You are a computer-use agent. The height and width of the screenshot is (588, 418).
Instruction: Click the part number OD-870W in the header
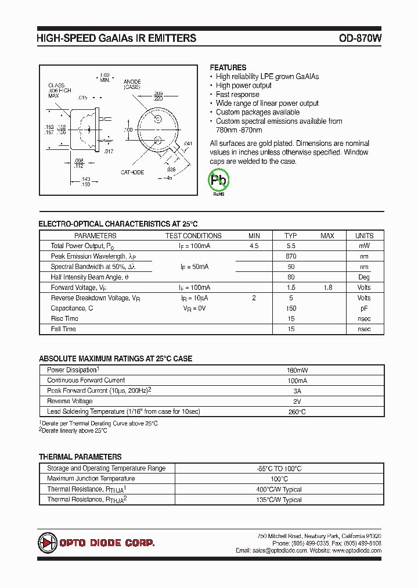pyautogui.click(x=360, y=38)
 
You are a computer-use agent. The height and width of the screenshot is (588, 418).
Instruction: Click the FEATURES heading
pyautogui.click(x=228, y=67)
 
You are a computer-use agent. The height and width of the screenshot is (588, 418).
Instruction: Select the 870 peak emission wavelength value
pyautogui.click(x=291, y=256)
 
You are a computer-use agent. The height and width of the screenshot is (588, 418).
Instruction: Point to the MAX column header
pyautogui.click(x=327, y=235)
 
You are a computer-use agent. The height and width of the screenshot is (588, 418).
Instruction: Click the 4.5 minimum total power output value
pyautogui.click(x=254, y=246)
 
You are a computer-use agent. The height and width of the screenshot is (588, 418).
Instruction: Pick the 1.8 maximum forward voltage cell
pyautogui.click(x=327, y=288)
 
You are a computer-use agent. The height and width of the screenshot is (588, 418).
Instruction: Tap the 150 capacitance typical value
pyautogui.click(x=291, y=309)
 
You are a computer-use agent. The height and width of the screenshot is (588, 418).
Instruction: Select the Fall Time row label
pyautogui.click(x=64, y=329)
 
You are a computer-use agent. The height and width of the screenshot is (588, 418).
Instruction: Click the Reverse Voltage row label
pyautogui.click(x=70, y=401)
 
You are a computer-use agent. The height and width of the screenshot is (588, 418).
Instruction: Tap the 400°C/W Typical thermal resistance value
pyautogui.click(x=279, y=489)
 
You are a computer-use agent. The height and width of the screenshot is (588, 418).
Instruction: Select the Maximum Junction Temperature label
pyautogui.click(x=91, y=479)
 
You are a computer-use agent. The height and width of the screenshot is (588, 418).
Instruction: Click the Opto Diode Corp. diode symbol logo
pyautogui.click(x=46, y=543)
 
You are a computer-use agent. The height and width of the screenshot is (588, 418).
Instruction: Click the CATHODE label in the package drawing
pyautogui.click(x=132, y=172)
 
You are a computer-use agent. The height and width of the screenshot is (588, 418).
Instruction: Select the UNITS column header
pyautogui.click(x=364, y=235)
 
